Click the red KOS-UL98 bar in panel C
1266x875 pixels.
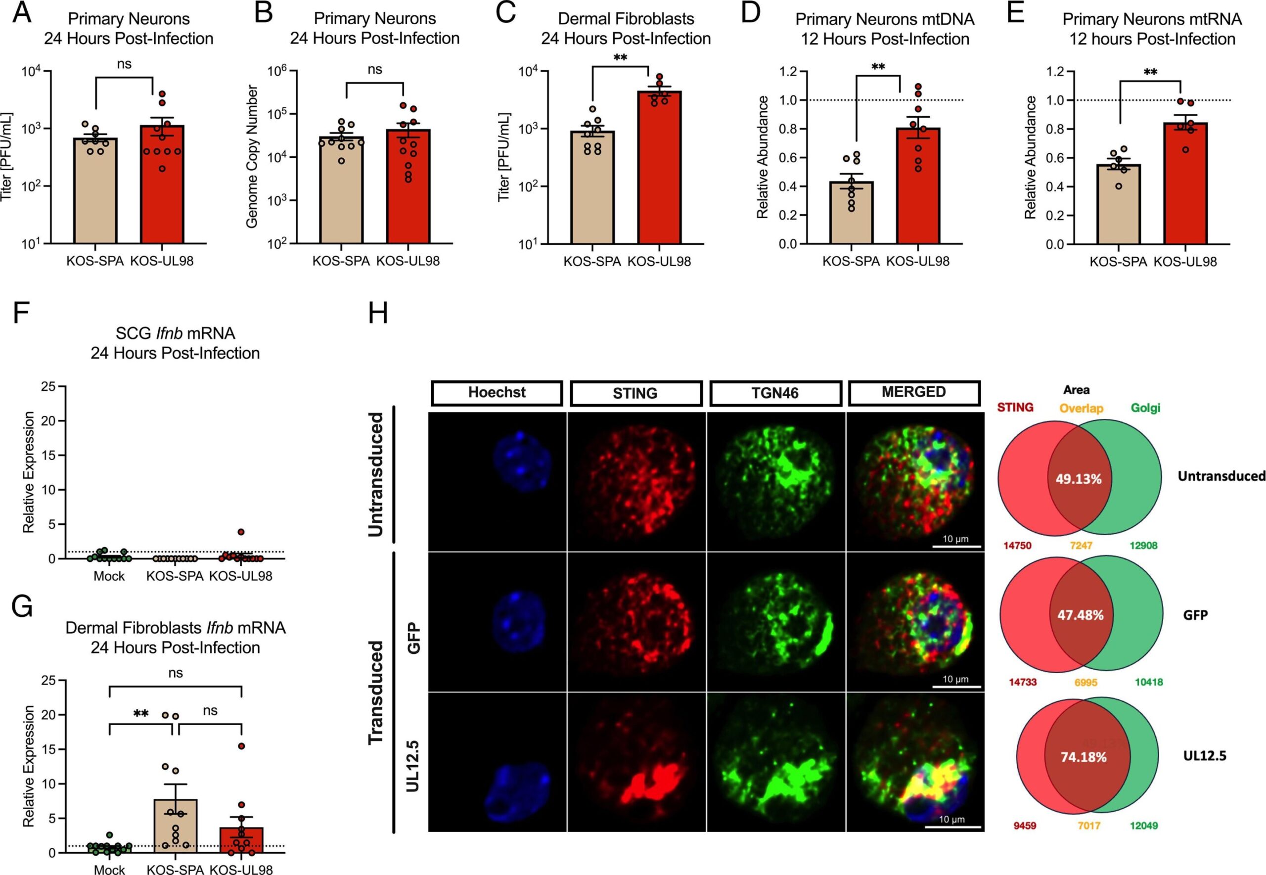point(659,167)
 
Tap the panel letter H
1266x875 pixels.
point(378,314)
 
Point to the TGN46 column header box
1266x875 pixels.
point(775,393)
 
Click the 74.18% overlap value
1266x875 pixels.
point(1084,757)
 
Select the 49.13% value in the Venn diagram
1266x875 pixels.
point(1079,479)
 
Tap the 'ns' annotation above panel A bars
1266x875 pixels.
point(125,64)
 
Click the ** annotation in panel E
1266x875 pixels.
point(1150,72)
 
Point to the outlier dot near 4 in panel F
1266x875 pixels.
point(241,532)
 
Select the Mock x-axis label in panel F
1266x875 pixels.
point(109,576)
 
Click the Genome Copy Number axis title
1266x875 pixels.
point(252,156)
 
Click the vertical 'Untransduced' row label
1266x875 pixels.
point(375,474)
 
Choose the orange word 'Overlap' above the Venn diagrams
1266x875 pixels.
point(1082,409)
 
